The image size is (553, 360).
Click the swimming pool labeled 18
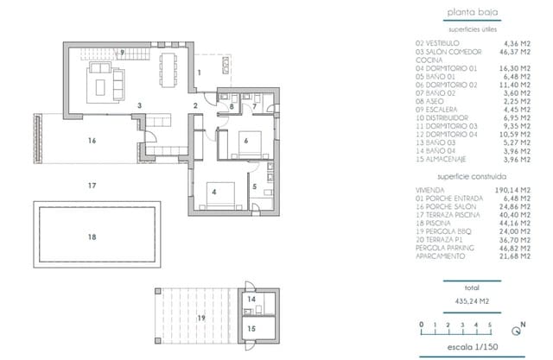tap(92, 236)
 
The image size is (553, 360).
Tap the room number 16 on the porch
tap(92, 138)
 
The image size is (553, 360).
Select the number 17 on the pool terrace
tap(92, 186)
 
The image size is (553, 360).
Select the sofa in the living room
tap(111, 84)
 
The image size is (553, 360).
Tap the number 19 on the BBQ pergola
tap(201, 319)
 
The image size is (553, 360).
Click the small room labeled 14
tap(251, 300)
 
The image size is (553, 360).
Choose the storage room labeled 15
tap(251, 328)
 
